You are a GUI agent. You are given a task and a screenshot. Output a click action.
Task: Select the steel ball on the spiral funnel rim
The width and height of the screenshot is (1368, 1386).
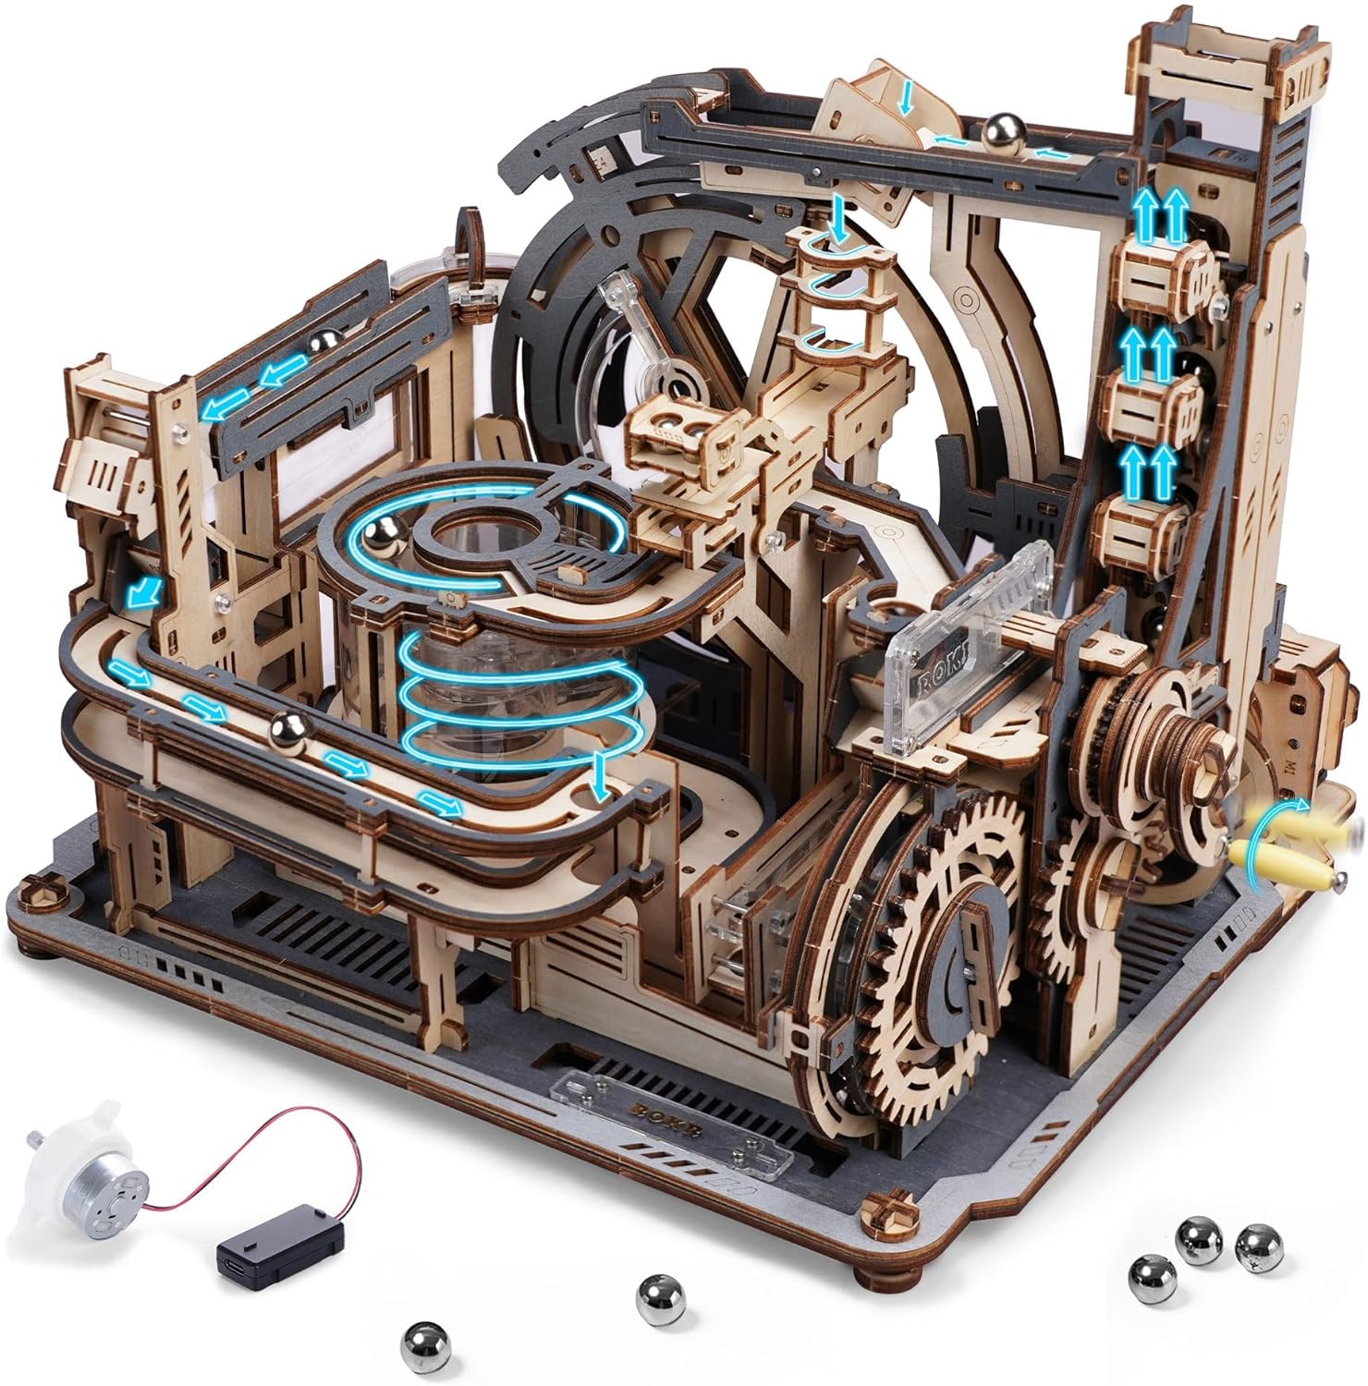coord(382,534)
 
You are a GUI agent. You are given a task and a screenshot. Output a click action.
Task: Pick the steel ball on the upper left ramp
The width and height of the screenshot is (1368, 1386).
coord(322,346)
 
